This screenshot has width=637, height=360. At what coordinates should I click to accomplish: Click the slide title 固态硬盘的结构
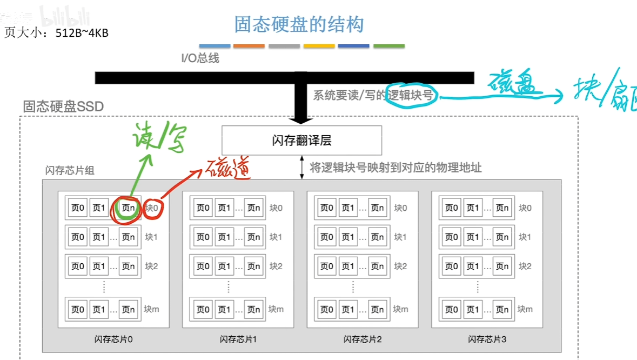pyautogui.click(x=299, y=24)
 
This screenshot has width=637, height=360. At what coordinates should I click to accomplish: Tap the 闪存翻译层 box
pyautogui.click(x=301, y=141)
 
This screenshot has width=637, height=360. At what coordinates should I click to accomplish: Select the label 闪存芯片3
pyautogui.click(x=487, y=339)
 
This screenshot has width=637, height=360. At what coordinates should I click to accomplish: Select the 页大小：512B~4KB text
pyautogui.click(x=57, y=33)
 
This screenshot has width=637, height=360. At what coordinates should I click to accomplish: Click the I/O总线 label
pyautogui.click(x=200, y=58)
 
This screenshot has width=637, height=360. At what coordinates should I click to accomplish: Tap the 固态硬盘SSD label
pyautogui.click(x=63, y=106)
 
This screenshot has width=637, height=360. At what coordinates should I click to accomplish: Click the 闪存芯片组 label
pyautogui.click(x=70, y=171)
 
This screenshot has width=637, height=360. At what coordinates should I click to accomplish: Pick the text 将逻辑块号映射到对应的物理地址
pyautogui.click(x=395, y=168)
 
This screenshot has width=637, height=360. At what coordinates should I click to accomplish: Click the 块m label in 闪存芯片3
pyautogui.click(x=525, y=309)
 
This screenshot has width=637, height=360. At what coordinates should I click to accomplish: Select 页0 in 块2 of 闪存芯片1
pyautogui.click(x=203, y=266)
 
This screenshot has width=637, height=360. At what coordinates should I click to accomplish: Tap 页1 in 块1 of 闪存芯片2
pyautogui.click(x=347, y=237)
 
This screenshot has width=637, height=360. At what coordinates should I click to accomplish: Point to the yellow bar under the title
pyautogui.click(x=319, y=46)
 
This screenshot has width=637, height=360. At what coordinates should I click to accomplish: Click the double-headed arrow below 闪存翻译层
pyautogui.click(x=302, y=168)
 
